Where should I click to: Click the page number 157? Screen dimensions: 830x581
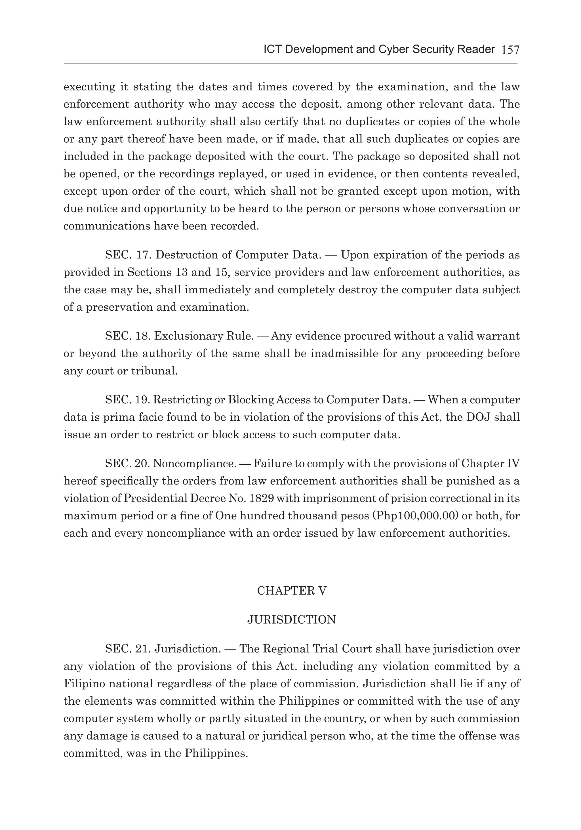point(510,50)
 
